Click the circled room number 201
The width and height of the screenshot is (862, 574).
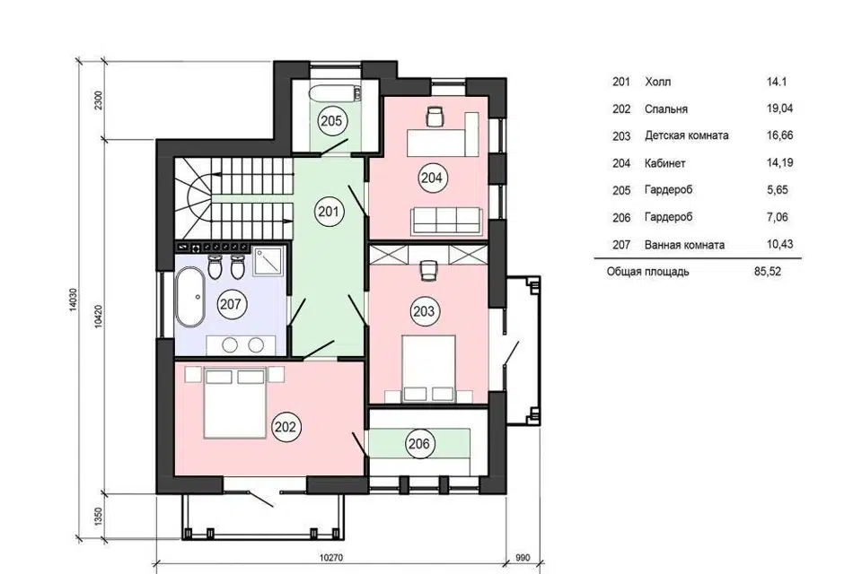[x=329, y=212]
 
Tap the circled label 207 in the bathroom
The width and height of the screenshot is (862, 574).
[x=231, y=304]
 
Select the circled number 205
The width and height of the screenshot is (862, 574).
[x=331, y=121]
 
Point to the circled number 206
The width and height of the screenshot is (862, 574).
[x=419, y=443]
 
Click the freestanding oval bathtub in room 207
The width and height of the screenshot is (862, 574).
[x=190, y=297]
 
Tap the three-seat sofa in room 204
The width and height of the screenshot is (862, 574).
[x=447, y=221]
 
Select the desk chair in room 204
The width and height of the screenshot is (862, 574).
[x=435, y=116]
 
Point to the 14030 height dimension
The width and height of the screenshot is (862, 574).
[x=74, y=300]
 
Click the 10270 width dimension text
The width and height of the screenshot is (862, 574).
[x=331, y=558]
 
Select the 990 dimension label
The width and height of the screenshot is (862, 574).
[x=523, y=558]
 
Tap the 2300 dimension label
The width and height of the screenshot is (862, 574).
[x=99, y=100]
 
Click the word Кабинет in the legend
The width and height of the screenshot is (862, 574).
[x=665, y=163]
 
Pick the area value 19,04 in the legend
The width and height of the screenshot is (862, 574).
[x=780, y=109]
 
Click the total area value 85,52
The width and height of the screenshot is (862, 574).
[x=768, y=272]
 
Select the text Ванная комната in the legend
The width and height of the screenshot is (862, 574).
[x=684, y=245]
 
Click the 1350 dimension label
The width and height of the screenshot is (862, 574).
[x=99, y=517]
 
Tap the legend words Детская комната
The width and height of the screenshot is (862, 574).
[x=687, y=135]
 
